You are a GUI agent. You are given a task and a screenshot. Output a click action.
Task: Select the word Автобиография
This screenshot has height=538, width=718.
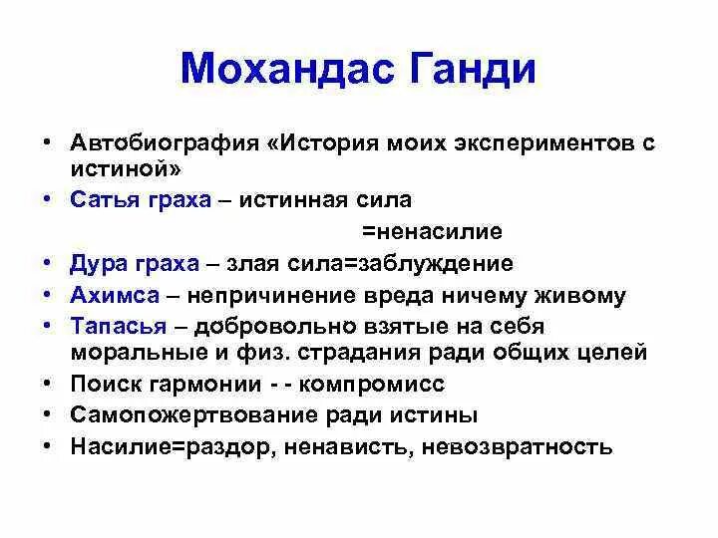[166, 141]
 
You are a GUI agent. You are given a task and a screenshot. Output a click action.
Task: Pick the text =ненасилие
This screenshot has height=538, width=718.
[431, 231]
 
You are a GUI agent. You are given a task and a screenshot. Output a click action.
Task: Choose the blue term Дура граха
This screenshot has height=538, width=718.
[135, 264]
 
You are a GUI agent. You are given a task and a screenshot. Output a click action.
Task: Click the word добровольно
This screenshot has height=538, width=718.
[265, 326]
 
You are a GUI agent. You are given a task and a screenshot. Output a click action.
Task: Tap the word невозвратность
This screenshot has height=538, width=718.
[518, 445]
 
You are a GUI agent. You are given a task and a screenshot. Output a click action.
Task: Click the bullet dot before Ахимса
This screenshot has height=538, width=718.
[48, 295]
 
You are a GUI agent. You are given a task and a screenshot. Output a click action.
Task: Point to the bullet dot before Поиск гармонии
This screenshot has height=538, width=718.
[48, 383]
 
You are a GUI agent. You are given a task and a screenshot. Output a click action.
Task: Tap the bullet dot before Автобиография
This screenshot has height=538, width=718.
[48, 141]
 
